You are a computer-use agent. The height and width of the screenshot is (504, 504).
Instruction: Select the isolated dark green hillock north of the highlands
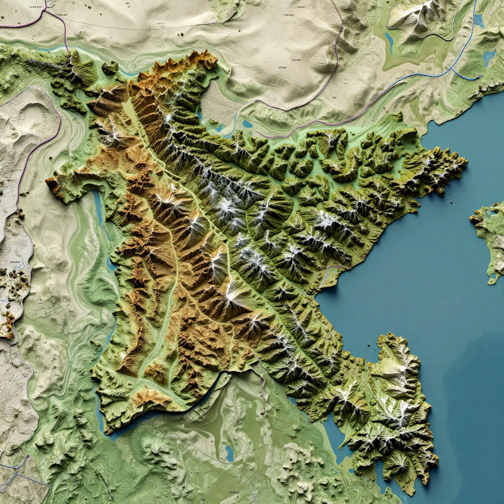[x=110, y=67]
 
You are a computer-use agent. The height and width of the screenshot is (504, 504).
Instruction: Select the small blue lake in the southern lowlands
[x=229, y=453]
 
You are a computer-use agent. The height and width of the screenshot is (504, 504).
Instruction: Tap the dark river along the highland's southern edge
[x=217, y=381]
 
